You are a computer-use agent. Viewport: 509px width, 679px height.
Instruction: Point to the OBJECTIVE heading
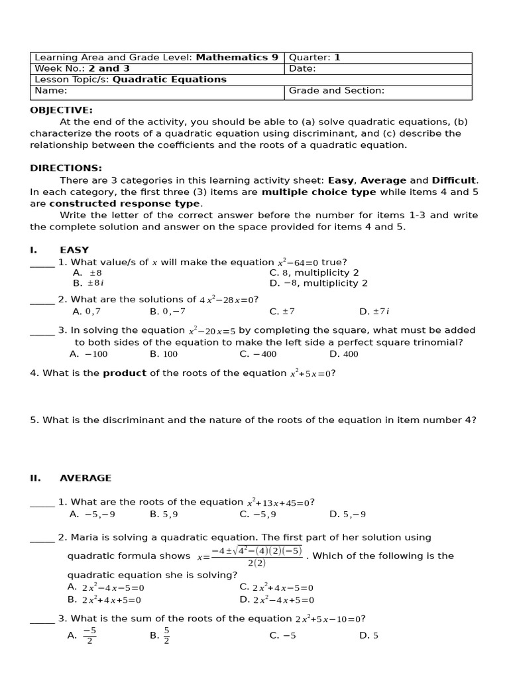pos(61,110)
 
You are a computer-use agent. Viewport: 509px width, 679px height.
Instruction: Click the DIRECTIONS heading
pos(66,168)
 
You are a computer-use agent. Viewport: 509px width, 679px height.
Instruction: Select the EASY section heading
pos(74,250)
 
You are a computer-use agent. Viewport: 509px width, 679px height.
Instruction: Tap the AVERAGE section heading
pos(85,478)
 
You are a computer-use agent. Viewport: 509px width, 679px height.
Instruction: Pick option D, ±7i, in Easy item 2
pos(374,312)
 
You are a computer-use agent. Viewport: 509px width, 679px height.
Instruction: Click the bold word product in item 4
pos(125,373)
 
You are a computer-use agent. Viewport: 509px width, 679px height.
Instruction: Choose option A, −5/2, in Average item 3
pos(83,635)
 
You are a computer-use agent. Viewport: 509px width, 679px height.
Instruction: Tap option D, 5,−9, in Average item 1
pos(347,514)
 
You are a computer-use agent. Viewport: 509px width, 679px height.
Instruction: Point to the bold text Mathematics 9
pos(237,58)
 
